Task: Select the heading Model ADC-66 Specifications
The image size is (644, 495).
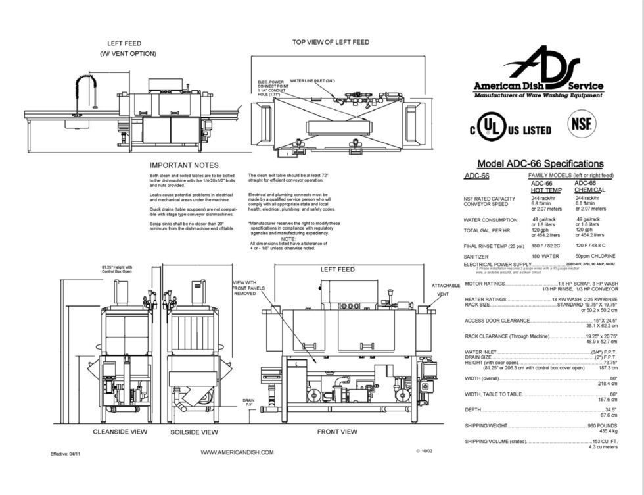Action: point(540,164)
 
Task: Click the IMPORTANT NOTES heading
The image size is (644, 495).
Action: point(184,165)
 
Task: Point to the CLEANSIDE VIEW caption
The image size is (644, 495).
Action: point(120,432)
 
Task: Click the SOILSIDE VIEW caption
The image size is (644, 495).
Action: point(194,432)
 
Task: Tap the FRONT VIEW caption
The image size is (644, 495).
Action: point(337,432)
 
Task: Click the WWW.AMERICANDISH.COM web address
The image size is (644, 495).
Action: point(237,452)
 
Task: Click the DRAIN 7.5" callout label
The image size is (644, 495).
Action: point(248,403)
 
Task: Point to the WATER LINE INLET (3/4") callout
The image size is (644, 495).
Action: point(312,80)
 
